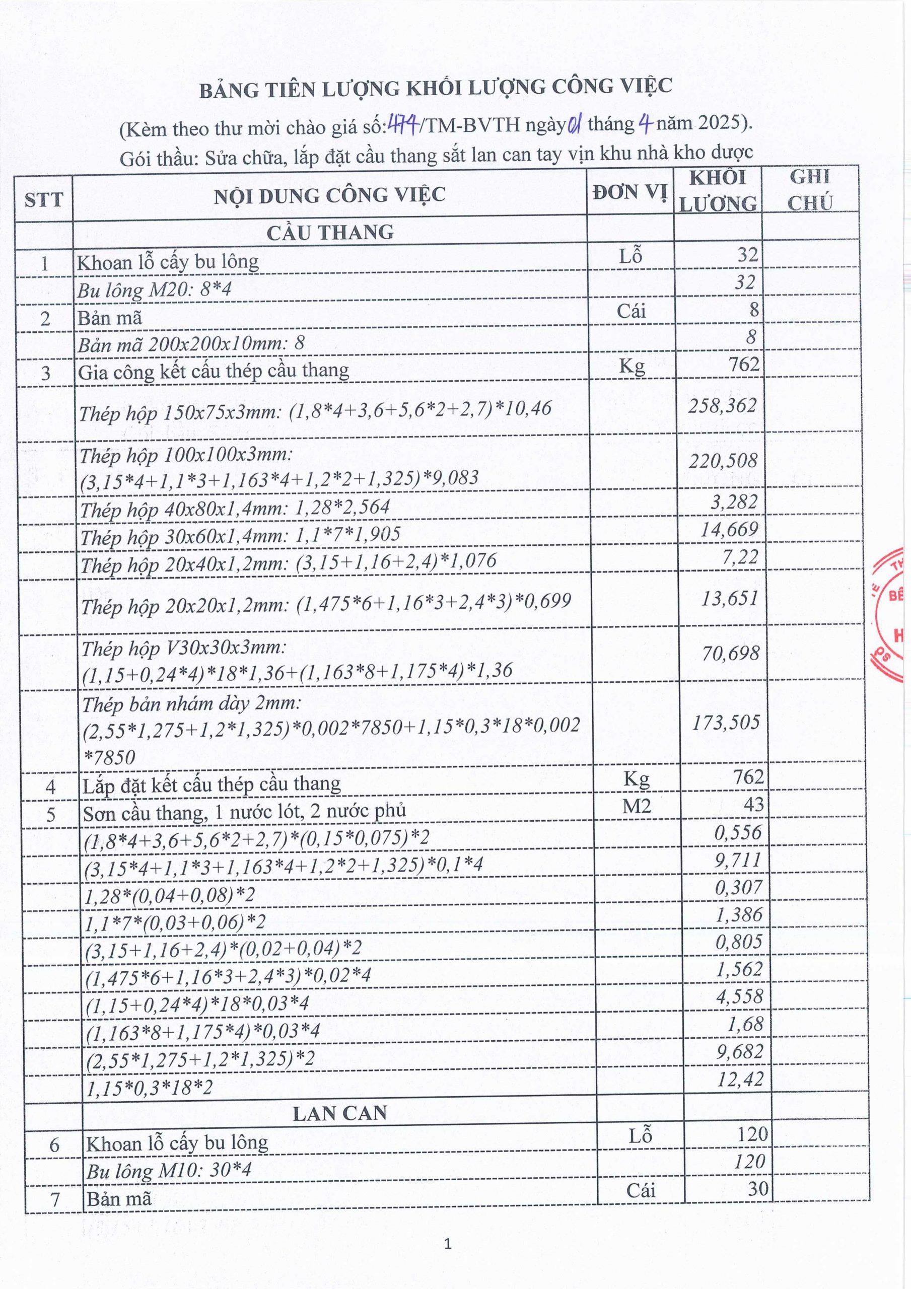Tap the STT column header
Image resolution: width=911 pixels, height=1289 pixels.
coord(43,199)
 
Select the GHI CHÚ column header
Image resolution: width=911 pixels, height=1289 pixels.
coord(809,190)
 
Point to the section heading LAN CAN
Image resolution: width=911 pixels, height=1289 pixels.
coord(340,1113)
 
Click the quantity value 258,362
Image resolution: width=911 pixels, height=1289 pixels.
coord(722,405)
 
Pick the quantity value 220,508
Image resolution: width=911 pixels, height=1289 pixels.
coord(723,461)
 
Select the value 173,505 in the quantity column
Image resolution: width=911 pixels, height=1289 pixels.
coord(726,723)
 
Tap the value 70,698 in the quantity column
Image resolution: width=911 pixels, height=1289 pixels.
coord(730,653)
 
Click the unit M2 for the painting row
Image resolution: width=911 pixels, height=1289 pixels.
coord(637,807)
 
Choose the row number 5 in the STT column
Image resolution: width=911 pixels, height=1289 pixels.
coord(50,814)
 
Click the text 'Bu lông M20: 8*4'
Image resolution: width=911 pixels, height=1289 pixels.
coord(155,290)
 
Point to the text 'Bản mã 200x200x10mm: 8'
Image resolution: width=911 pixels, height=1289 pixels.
coord(191,343)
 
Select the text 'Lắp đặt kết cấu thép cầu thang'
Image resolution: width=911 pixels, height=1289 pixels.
coord(212,784)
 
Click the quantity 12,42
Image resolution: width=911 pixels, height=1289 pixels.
coord(740,1079)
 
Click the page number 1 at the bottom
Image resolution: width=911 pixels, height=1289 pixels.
coord(448,1244)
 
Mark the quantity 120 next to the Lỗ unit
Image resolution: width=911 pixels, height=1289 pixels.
coord(752,1134)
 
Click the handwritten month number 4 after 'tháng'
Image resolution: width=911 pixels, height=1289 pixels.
coord(645,123)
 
